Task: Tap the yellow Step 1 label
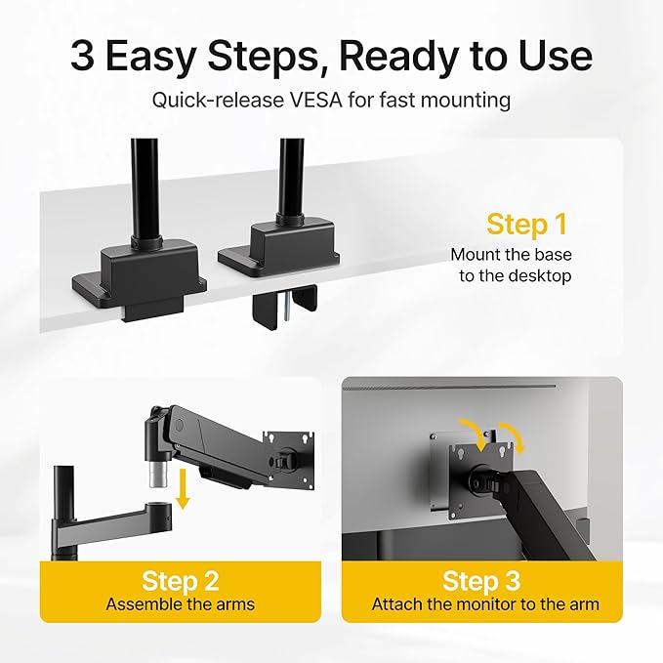pyautogui.click(x=526, y=224)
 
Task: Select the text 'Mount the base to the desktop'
pyautogui.click(x=510, y=265)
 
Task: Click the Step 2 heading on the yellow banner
pyautogui.click(x=181, y=581)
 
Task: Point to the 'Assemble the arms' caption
pyautogui.click(x=181, y=604)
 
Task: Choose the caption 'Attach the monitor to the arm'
pyautogui.click(x=485, y=604)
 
